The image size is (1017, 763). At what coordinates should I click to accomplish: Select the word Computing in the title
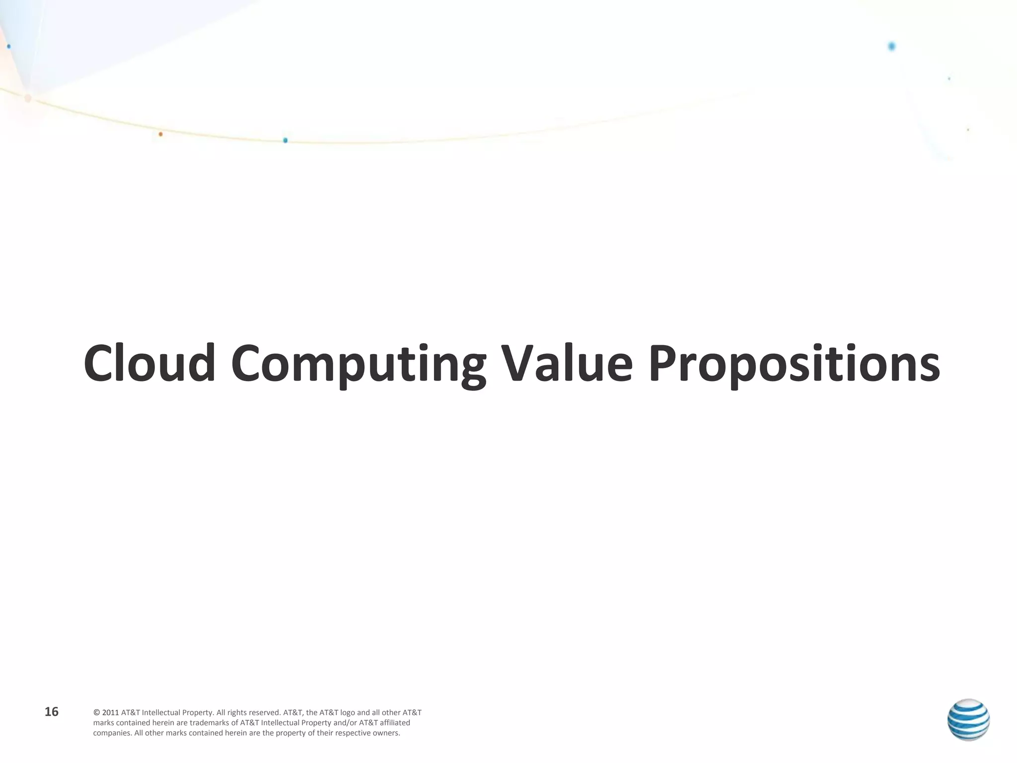358,365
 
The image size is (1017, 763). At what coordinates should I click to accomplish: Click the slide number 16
52,712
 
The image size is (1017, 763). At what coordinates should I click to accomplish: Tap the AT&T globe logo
968,720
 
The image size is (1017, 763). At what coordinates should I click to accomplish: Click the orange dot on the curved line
160,134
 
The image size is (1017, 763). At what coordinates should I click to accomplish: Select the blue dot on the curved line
285,141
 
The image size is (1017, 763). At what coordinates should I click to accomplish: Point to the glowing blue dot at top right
891,47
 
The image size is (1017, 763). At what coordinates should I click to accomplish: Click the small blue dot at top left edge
9,46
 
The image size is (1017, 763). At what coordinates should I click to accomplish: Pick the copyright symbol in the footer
96,713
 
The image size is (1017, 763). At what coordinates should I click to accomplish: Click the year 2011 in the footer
111,713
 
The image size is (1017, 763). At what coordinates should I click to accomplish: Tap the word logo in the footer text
348,713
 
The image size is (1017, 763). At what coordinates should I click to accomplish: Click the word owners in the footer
387,733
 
